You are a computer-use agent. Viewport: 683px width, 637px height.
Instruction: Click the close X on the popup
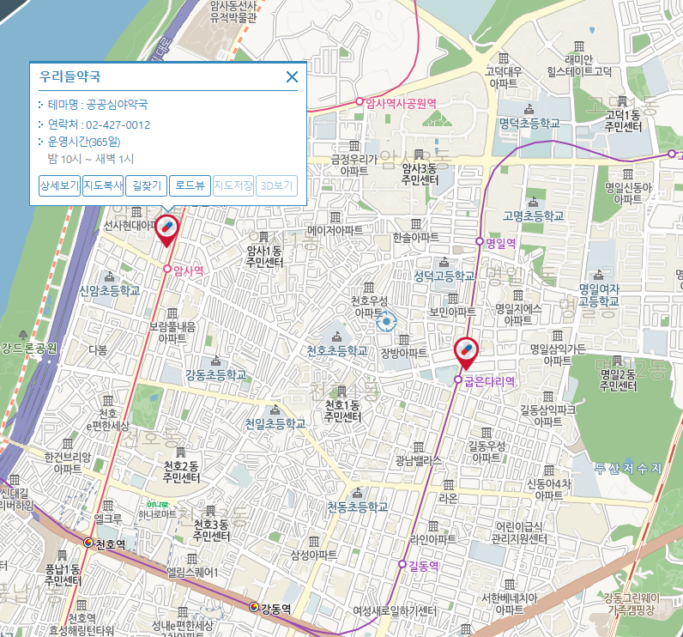[292, 77]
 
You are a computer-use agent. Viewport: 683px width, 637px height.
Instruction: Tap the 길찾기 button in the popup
[146, 185]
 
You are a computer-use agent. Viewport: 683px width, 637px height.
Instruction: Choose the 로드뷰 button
[189, 185]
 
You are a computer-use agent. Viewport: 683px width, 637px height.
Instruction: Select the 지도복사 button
[103, 185]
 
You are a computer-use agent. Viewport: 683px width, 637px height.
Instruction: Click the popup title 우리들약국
[70, 76]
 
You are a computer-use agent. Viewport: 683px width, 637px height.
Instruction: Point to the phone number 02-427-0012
[118, 124]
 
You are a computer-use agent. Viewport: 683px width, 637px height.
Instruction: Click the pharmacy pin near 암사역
[166, 228]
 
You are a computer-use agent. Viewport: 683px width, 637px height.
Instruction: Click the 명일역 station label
[499, 243]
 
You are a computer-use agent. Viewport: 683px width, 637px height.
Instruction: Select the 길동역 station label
[423, 565]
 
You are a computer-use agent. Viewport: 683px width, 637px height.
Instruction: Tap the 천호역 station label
[111, 544]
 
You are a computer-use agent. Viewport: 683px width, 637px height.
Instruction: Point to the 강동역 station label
[275, 608]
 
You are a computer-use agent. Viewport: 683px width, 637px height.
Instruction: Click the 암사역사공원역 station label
[401, 102]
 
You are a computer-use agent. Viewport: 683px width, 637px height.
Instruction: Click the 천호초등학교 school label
[337, 351]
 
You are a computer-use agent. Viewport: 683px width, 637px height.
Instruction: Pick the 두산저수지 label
[628, 469]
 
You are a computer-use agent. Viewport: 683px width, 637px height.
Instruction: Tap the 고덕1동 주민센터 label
[622, 121]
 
